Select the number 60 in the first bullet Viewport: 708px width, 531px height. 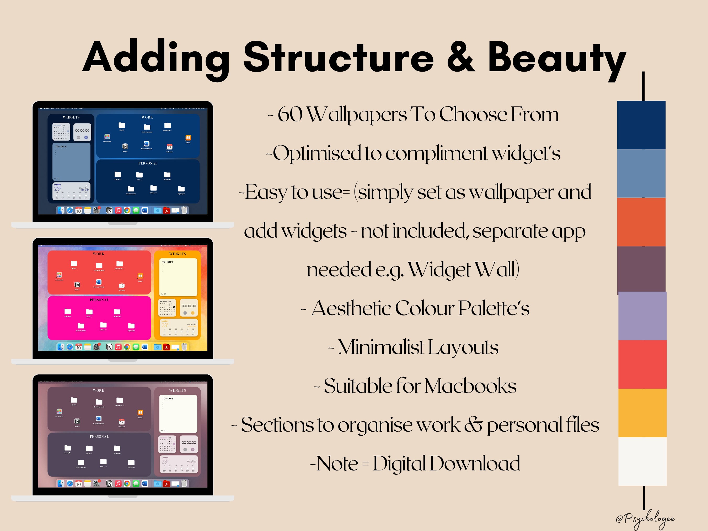coord(290,114)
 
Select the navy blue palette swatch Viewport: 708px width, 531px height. coord(641,125)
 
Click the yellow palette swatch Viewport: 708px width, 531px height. coord(642,413)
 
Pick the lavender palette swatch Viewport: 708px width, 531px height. coord(642,316)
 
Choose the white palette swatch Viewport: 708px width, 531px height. coord(642,461)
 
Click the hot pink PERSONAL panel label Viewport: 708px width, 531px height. coord(99,300)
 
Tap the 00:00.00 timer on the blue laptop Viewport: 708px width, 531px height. coord(82,131)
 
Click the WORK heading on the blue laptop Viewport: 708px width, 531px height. coord(147,117)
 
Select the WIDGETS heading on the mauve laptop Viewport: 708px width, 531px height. coord(177,390)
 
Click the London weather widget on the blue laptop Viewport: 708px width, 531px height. coord(71,191)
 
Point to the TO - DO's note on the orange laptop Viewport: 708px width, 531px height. coord(178,277)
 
